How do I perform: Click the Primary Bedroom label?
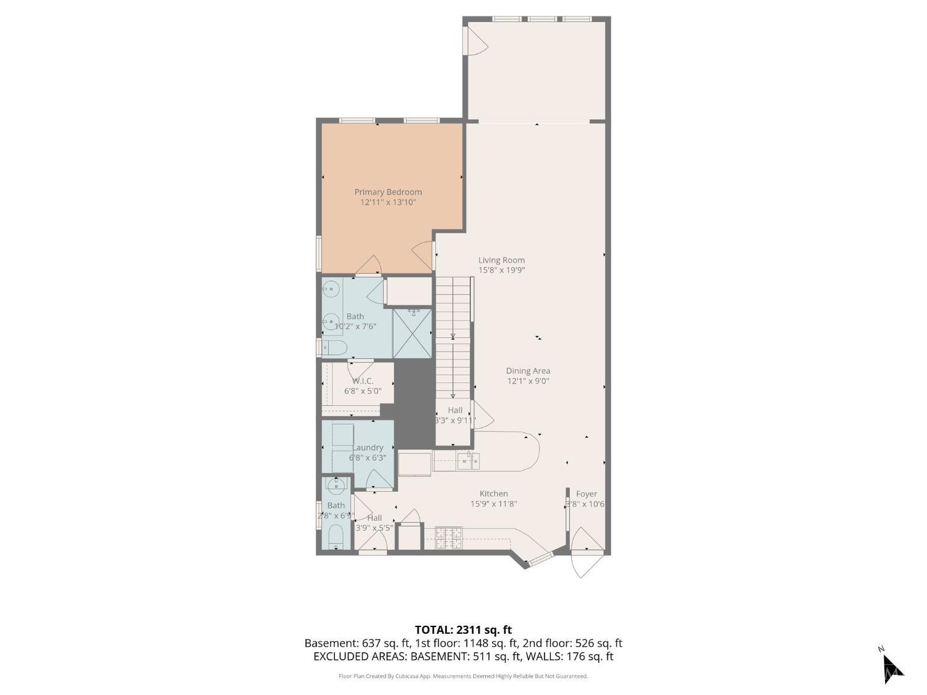pos(387,192)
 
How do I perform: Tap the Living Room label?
pos(501,260)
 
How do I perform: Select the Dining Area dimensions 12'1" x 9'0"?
pos(527,381)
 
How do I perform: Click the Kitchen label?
pos(493,494)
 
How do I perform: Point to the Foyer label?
pos(586,494)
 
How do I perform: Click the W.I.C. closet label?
pos(363,381)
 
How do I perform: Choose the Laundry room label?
pos(367,447)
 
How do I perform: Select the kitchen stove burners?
pos(448,537)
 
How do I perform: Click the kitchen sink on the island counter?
pos(469,458)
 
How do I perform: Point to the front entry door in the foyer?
pos(585,553)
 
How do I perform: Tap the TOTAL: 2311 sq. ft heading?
pos(463,630)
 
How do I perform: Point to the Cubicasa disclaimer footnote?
pos(463,676)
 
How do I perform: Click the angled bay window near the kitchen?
pos(538,559)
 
